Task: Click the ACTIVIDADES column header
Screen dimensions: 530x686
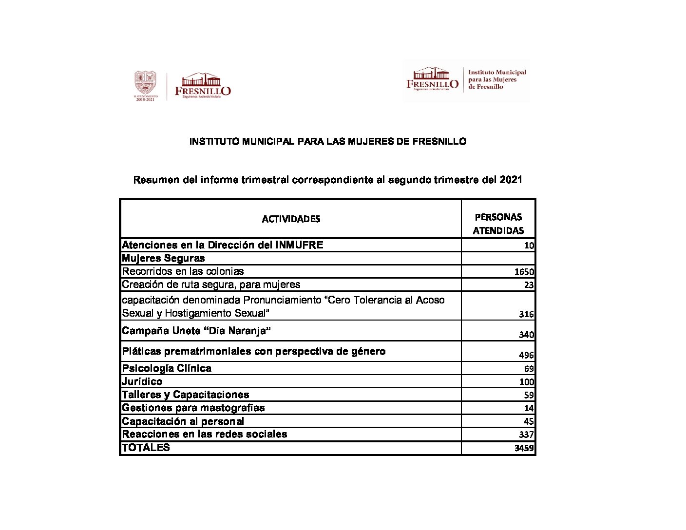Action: (x=291, y=219)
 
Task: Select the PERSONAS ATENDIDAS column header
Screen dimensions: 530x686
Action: (x=498, y=224)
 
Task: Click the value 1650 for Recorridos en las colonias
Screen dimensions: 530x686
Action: (x=524, y=272)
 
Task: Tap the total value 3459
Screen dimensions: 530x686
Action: (x=524, y=448)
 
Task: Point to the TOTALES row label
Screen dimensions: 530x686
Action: (x=146, y=448)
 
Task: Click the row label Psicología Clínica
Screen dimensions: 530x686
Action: (x=167, y=368)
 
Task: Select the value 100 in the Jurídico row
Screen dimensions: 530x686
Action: (x=527, y=382)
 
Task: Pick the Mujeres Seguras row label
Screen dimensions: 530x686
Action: (x=163, y=258)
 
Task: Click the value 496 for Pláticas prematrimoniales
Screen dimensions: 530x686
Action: (x=527, y=355)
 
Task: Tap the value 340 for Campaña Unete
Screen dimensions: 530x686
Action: (x=527, y=335)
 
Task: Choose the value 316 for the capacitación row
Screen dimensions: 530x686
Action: (x=527, y=314)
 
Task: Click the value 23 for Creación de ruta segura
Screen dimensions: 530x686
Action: (x=529, y=285)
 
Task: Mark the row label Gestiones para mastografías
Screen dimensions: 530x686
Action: (x=193, y=408)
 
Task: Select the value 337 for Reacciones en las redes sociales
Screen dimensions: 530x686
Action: (x=527, y=435)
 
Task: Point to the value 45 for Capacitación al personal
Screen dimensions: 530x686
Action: (x=529, y=421)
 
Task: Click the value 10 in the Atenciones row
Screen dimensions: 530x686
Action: (x=529, y=246)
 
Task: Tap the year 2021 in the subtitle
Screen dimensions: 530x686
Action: (x=511, y=180)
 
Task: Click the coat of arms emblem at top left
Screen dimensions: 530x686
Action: (x=145, y=83)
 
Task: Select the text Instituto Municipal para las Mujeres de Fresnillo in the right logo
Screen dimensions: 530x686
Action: (x=497, y=79)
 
